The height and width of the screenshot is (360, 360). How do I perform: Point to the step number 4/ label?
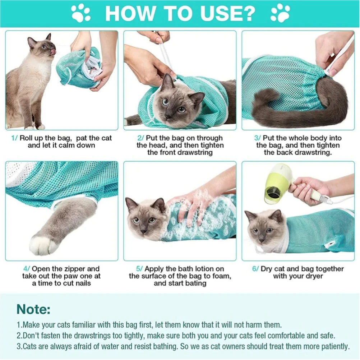coord(27,269)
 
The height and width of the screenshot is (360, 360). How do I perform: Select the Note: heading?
coord(33,309)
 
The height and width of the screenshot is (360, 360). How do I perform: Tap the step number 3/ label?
coord(257,138)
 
